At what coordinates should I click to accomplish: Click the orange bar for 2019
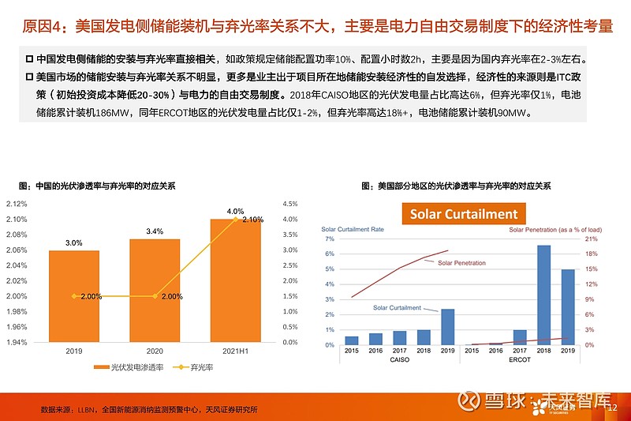(74, 296)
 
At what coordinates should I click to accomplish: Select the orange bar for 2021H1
(237, 280)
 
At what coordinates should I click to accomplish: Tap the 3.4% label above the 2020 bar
(155, 231)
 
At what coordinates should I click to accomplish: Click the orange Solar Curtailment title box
(463, 214)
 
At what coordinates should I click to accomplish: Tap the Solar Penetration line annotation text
(461, 263)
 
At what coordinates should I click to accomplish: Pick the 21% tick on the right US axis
(589, 239)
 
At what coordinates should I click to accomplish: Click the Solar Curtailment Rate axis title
(353, 230)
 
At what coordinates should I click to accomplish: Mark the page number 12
(613, 407)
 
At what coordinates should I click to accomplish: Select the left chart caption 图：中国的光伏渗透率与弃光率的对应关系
(96, 186)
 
